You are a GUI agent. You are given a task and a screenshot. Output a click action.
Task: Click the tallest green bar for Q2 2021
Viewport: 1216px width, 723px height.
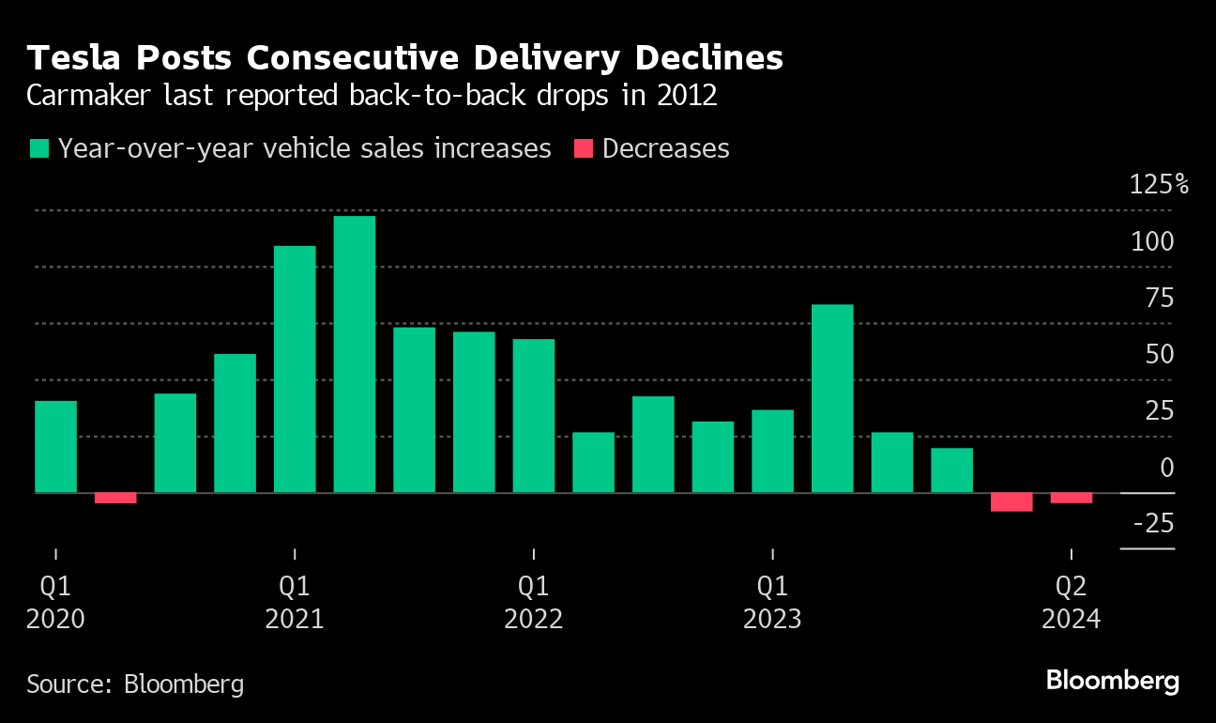[x=355, y=354]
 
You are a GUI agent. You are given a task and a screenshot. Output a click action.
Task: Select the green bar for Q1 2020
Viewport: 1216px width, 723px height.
[x=55, y=447]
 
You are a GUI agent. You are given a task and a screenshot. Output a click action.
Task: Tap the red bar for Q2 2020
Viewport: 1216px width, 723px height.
[x=115, y=498]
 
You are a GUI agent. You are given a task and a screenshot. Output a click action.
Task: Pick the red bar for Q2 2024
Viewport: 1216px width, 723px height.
[x=1071, y=498]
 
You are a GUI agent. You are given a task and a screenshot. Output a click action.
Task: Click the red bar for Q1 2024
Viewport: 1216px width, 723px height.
[x=1011, y=501]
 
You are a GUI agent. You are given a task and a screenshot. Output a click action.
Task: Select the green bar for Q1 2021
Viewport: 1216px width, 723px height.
[x=295, y=369]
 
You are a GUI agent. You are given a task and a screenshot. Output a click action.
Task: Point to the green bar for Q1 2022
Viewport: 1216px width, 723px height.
[x=534, y=416]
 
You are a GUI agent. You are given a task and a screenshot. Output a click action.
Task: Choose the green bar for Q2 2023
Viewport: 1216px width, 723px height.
[x=832, y=398]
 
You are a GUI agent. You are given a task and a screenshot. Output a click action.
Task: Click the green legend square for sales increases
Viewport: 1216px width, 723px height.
[x=38, y=148]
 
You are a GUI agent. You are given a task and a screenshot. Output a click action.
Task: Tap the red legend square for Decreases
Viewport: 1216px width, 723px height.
[x=584, y=148]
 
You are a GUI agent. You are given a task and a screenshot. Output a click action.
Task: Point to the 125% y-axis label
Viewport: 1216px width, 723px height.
[x=1159, y=184]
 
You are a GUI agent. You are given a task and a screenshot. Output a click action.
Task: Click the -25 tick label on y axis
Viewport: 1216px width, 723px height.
[x=1153, y=523]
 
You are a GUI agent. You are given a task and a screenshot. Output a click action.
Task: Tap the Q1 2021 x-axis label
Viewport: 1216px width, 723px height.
[x=295, y=603]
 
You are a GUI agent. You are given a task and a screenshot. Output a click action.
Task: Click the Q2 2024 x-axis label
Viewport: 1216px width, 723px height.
[x=1071, y=603]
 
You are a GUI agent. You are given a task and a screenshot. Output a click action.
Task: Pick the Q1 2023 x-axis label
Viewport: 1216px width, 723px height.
[x=772, y=603]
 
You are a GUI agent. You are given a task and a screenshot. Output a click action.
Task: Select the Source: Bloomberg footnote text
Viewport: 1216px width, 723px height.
[x=135, y=683]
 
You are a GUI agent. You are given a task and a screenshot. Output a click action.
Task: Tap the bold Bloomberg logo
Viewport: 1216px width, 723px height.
[x=1113, y=681]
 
